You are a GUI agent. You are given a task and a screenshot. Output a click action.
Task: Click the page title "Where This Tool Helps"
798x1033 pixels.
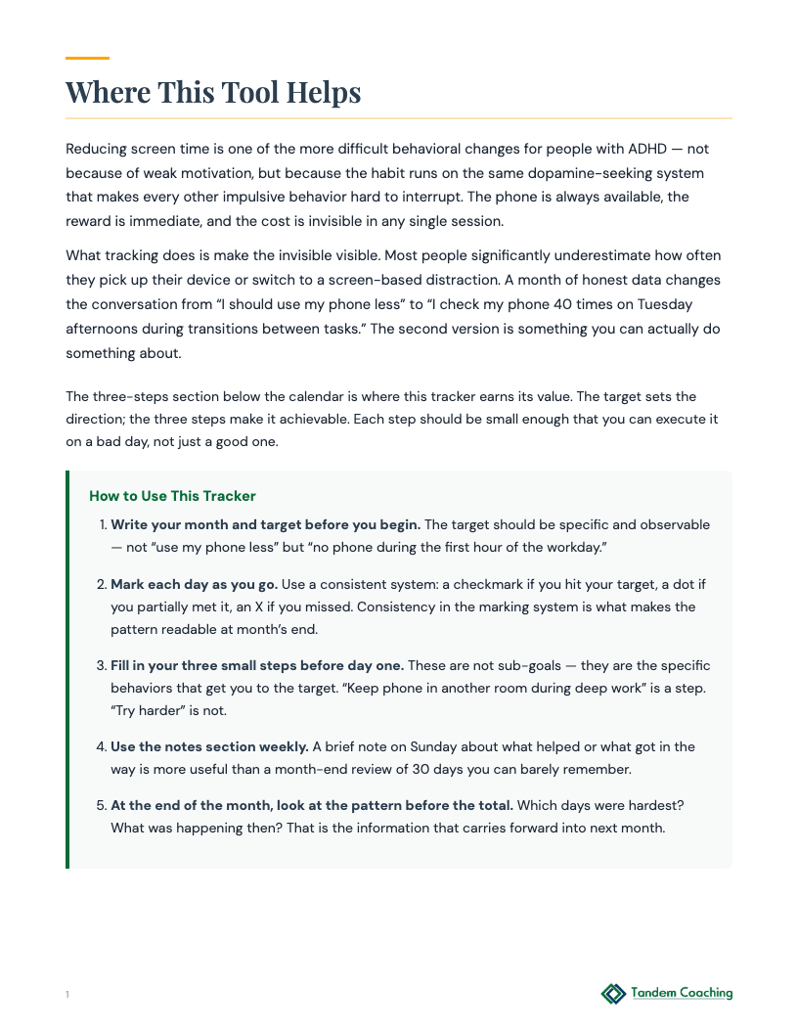(x=213, y=92)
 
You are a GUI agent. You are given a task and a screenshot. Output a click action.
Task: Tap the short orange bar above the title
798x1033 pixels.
(x=87, y=59)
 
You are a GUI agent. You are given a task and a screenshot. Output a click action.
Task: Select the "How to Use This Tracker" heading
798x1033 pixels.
(x=172, y=496)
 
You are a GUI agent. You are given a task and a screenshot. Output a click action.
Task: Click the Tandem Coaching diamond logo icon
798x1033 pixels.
(x=613, y=994)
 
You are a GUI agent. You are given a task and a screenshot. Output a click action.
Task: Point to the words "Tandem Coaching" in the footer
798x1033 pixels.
(x=682, y=994)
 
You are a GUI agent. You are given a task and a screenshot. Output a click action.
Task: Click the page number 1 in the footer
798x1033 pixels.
(x=67, y=995)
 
